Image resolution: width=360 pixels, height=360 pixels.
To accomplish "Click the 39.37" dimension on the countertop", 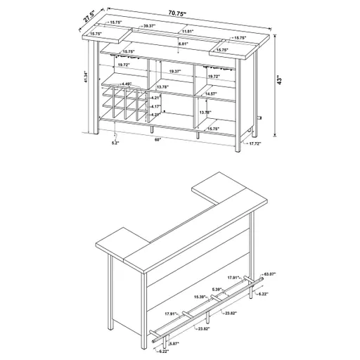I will click(148, 25).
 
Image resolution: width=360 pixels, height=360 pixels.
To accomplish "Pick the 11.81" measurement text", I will click(186, 32).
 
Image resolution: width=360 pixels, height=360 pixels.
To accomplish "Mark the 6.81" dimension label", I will click(182, 44).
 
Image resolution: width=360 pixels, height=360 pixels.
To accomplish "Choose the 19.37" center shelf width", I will click(175, 71).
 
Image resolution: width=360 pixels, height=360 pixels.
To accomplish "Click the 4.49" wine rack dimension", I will click(127, 84).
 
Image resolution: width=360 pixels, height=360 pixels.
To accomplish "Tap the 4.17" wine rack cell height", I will click(157, 106).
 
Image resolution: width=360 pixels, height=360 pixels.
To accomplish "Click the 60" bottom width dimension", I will click(160, 139).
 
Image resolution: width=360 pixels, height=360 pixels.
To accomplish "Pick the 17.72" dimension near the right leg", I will click(255, 143).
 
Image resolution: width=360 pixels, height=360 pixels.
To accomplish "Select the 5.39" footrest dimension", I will click(218, 289).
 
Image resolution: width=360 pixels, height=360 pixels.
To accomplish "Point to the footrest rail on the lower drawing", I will click(211, 309).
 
